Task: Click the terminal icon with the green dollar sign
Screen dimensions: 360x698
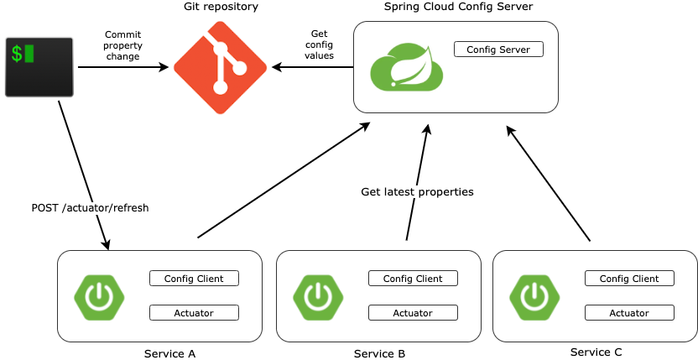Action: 39,66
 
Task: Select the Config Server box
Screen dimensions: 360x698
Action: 498,50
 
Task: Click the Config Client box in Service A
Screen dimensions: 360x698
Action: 194,279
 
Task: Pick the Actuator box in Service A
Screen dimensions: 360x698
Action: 194,313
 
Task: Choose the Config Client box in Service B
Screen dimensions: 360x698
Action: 413,279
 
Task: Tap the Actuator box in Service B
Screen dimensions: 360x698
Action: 413,313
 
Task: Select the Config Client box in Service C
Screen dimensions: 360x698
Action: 629,279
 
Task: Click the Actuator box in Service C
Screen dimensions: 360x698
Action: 629,313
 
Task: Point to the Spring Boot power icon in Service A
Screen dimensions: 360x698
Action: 99,296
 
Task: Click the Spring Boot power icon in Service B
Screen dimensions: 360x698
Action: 318,296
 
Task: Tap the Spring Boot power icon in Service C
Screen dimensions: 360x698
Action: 534,296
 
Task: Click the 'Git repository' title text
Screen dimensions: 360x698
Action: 221,7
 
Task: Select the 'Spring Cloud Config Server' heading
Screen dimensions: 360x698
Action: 458,7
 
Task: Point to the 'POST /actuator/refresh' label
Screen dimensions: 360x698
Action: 90,207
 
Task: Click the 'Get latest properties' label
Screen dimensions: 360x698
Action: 417,191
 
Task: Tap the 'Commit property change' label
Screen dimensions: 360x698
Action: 122,45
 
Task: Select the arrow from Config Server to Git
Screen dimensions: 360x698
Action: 311,68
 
